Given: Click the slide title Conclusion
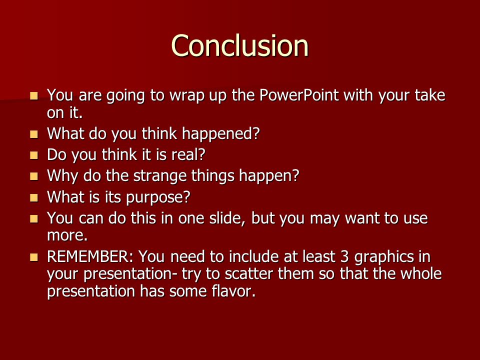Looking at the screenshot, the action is point(239,45).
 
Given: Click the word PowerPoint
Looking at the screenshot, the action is point(299,95).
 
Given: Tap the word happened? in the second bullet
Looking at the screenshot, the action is point(220,134).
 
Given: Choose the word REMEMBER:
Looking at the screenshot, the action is point(90,256).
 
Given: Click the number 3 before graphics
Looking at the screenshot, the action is point(344,256).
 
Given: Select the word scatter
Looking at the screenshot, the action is point(248,273).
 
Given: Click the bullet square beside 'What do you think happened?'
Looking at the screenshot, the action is point(34,134).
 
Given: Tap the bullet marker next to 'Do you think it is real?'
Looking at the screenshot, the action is point(34,155).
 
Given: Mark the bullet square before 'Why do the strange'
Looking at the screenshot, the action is point(34,176).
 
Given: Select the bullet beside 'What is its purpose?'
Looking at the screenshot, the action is point(34,198).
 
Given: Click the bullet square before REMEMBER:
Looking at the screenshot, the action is point(34,257).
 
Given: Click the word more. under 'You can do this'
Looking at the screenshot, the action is point(67,235).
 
